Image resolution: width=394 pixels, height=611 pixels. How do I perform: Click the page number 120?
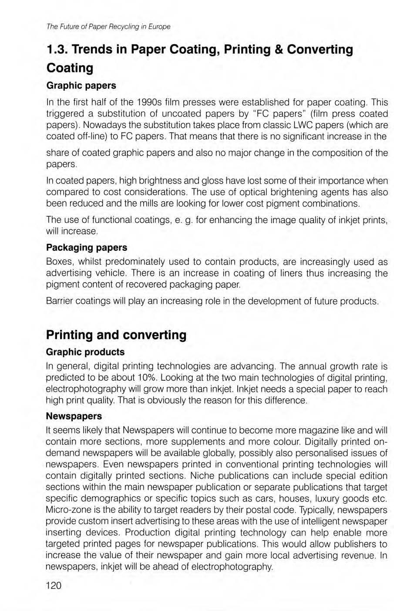pyautogui.click(x=54, y=585)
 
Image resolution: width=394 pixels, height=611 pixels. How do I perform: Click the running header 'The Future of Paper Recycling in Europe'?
pyautogui.click(x=108, y=27)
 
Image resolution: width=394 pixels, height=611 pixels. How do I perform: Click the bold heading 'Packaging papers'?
pyautogui.click(x=87, y=247)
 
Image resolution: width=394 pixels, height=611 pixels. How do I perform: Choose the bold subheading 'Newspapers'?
pyautogui.click(x=74, y=416)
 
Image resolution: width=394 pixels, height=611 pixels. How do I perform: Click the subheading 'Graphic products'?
pyautogui.click(x=85, y=352)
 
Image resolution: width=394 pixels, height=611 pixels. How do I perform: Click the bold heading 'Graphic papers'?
pyautogui.click(x=81, y=85)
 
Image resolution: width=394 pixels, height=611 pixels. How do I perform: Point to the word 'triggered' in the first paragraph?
pyautogui.click(x=65, y=114)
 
